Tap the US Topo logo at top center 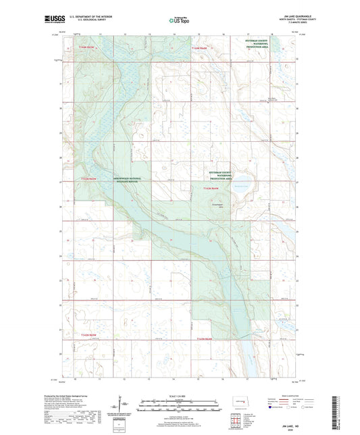click(x=180, y=21)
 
